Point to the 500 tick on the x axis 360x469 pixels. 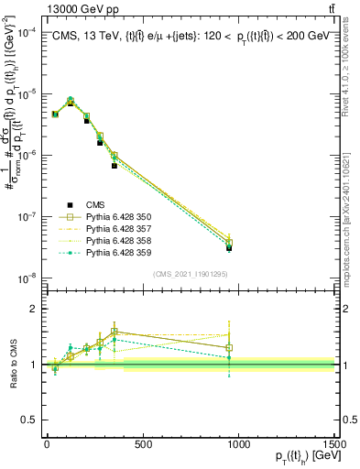point(142,444)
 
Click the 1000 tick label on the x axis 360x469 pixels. point(238,444)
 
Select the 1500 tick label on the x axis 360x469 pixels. point(333,444)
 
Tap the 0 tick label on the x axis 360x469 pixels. point(47,444)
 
